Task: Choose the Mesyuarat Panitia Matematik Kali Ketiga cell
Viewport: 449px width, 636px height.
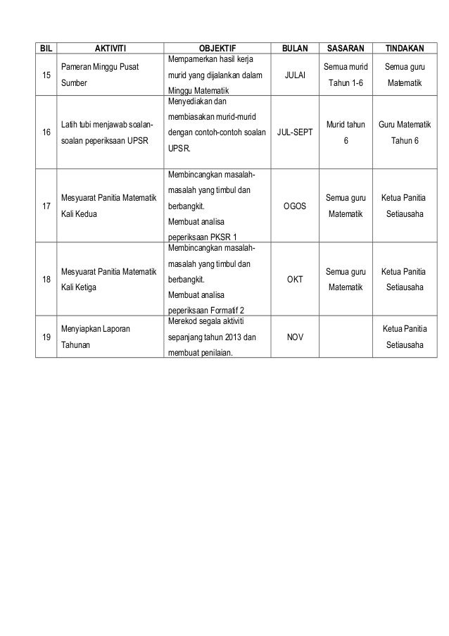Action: (x=108, y=280)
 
